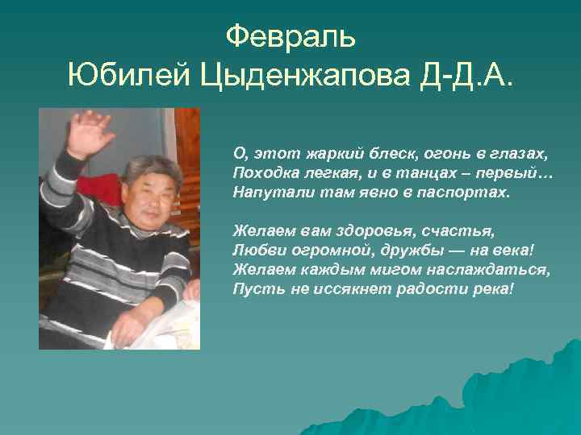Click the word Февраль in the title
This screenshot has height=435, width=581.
tap(290, 36)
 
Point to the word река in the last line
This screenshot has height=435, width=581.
tap(489, 288)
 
